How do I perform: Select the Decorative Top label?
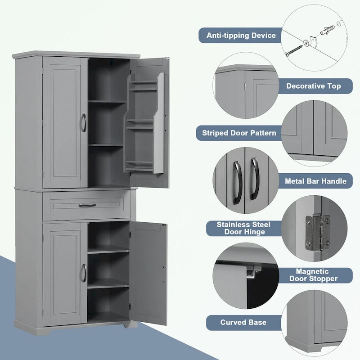tap(314, 85)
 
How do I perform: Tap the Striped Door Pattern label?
tap(239, 133)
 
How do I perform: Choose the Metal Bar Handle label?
tap(315, 181)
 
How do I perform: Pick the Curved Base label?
tap(243, 322)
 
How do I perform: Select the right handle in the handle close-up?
tap(254, 178)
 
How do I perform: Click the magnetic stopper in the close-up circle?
tap(253, 270)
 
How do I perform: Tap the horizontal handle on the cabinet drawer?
tap(87, 205)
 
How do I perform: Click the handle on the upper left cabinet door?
tap(84, 122)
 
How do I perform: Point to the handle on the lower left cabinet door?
tap(84, 273)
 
